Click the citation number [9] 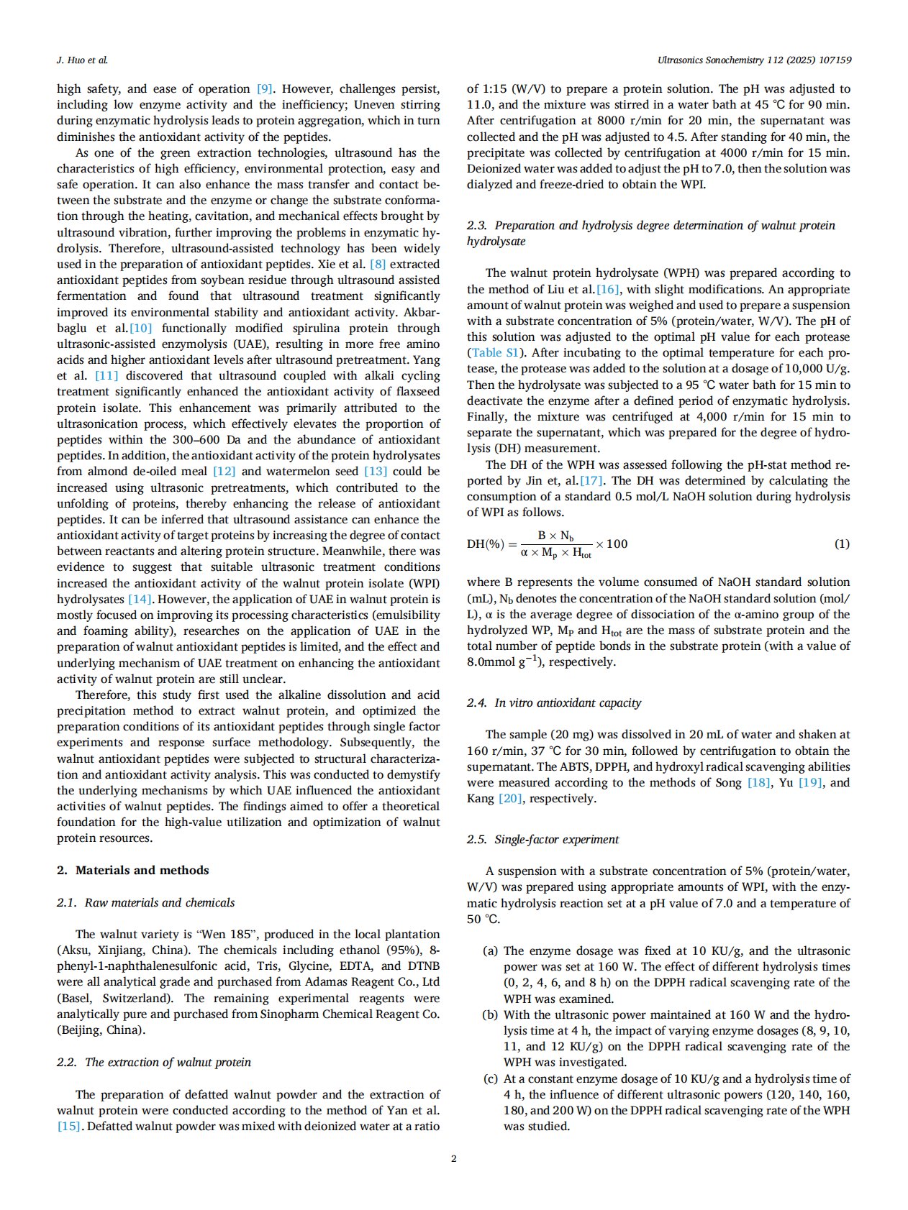pos(265,89)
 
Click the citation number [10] pos(140,329)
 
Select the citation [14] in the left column pos(140,599)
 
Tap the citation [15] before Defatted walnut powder pos(69,1127)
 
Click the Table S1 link pos(494,353)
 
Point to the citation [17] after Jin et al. pos(591,480)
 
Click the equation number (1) pos(842,544)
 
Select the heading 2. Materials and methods pos(133,870)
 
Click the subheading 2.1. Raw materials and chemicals pos(146,902)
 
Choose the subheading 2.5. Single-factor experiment pos(543,839)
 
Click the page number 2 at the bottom pos(453,1158)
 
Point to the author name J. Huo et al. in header pos(82,60)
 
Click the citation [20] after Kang pos(510,799)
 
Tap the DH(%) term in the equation pos(486,544)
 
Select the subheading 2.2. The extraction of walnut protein pos(154,1062)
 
